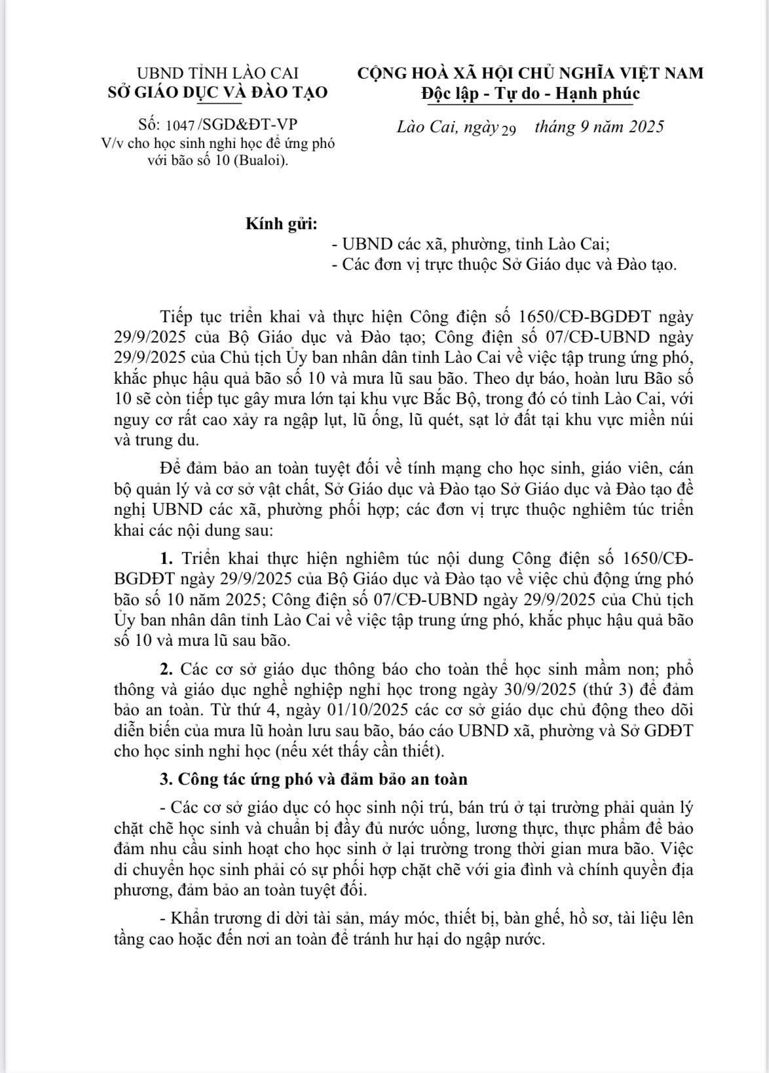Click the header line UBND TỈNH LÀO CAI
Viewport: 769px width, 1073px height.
pyautogui.click(x=217, y=73)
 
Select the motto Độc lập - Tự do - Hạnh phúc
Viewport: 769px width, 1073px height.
pyautogui.click(x=530, y=94)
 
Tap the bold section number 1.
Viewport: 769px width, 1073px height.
pyautogui.click(x=166, y=559)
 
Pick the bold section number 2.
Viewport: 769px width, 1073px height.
pyautogui.click(x=166, y=669)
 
